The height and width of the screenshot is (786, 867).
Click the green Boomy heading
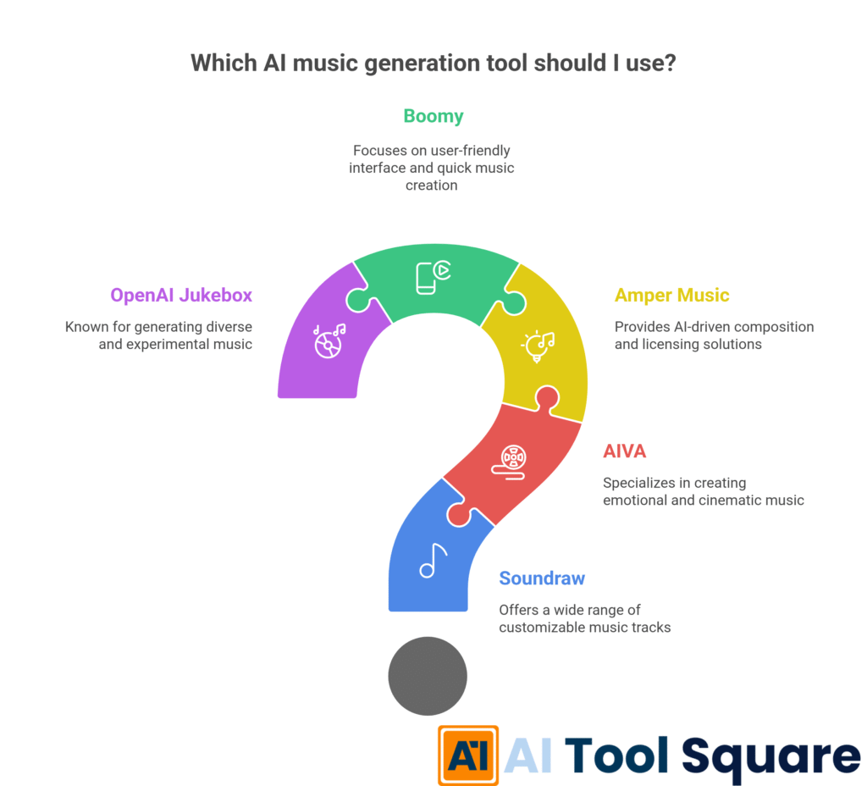(433, 116)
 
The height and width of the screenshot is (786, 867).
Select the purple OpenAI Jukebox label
(181, 296)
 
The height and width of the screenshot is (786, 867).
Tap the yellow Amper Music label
(671, 296)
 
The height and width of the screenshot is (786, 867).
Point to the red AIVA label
(624, 451)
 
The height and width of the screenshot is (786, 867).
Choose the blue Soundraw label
(542, 578)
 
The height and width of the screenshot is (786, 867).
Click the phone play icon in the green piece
(433, 278)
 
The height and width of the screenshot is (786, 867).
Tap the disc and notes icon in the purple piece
(329, 340)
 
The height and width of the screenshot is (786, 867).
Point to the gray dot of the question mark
(428, 676)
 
